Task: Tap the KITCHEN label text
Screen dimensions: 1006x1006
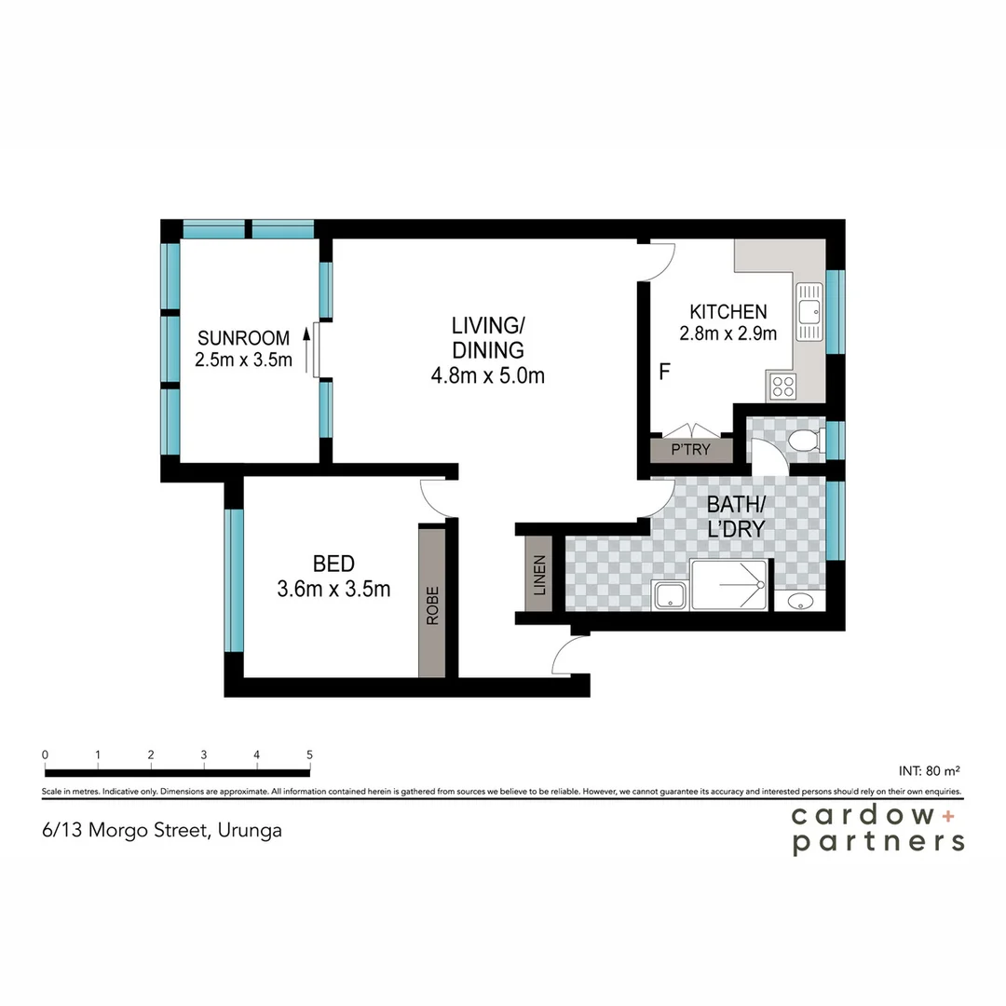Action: click(x=727, y=312)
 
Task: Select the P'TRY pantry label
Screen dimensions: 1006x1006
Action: click(x=691, y=451)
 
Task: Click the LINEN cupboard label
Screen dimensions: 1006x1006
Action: click(x=539, y=575)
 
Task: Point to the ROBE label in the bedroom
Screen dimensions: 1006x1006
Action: click(x=431, y=604)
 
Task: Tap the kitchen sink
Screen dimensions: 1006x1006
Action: click(x=809, y=310)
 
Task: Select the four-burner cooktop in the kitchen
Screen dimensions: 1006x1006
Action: click(x=781, y=385)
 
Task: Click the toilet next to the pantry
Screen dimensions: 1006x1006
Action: click(x=804, y=442)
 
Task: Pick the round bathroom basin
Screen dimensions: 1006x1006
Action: click(x=799, y=602)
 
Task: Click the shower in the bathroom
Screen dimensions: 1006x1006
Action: click(x=729, y=585)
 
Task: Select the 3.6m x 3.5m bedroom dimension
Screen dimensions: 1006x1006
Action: click(x=333, y=589)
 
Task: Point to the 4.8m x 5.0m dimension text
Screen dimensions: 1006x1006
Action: click(x=487, y=376)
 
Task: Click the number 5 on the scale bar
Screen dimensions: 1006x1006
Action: click(x=309, y=754)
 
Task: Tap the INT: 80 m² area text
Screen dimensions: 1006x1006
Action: click(x=929, y=770)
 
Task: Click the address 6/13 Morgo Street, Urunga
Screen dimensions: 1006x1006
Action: click(x=162, y=830)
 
